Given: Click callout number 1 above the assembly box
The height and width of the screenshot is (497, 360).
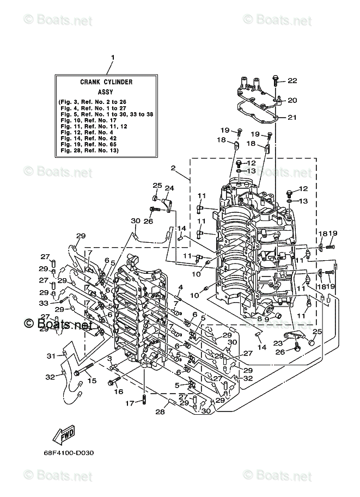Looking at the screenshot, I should [x=113, y=57].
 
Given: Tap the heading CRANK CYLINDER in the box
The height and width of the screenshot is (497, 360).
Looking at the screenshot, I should [x=107, y=82].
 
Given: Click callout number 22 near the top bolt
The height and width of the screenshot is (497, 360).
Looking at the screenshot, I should [x=292, y=81].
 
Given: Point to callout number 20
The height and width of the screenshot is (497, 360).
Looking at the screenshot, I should [x=292, y=100].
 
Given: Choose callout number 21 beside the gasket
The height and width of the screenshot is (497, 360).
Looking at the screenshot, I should [x=292, y=117].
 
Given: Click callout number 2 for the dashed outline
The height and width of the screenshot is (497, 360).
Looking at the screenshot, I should [x=173, y=168].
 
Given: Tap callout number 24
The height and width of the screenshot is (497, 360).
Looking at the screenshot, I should [x=169, y=188].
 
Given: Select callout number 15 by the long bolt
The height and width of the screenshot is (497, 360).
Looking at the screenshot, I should [x=92, y=381].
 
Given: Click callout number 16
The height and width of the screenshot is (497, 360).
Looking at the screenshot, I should [x=119, y=391].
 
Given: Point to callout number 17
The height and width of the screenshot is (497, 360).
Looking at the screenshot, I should [x=130, y=403].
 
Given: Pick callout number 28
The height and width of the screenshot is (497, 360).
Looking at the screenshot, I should [x=160, y=412].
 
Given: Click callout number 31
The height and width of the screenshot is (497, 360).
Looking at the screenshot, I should [x=51, y=356].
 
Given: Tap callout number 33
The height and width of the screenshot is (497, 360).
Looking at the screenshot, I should [x=44, y=303].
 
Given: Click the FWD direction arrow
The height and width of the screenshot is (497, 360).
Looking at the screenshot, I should [x=63, y=435].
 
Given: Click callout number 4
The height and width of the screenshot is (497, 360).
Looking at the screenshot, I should [x=180, y=287].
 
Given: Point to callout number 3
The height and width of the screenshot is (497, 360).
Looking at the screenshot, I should [x=109, y=358].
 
